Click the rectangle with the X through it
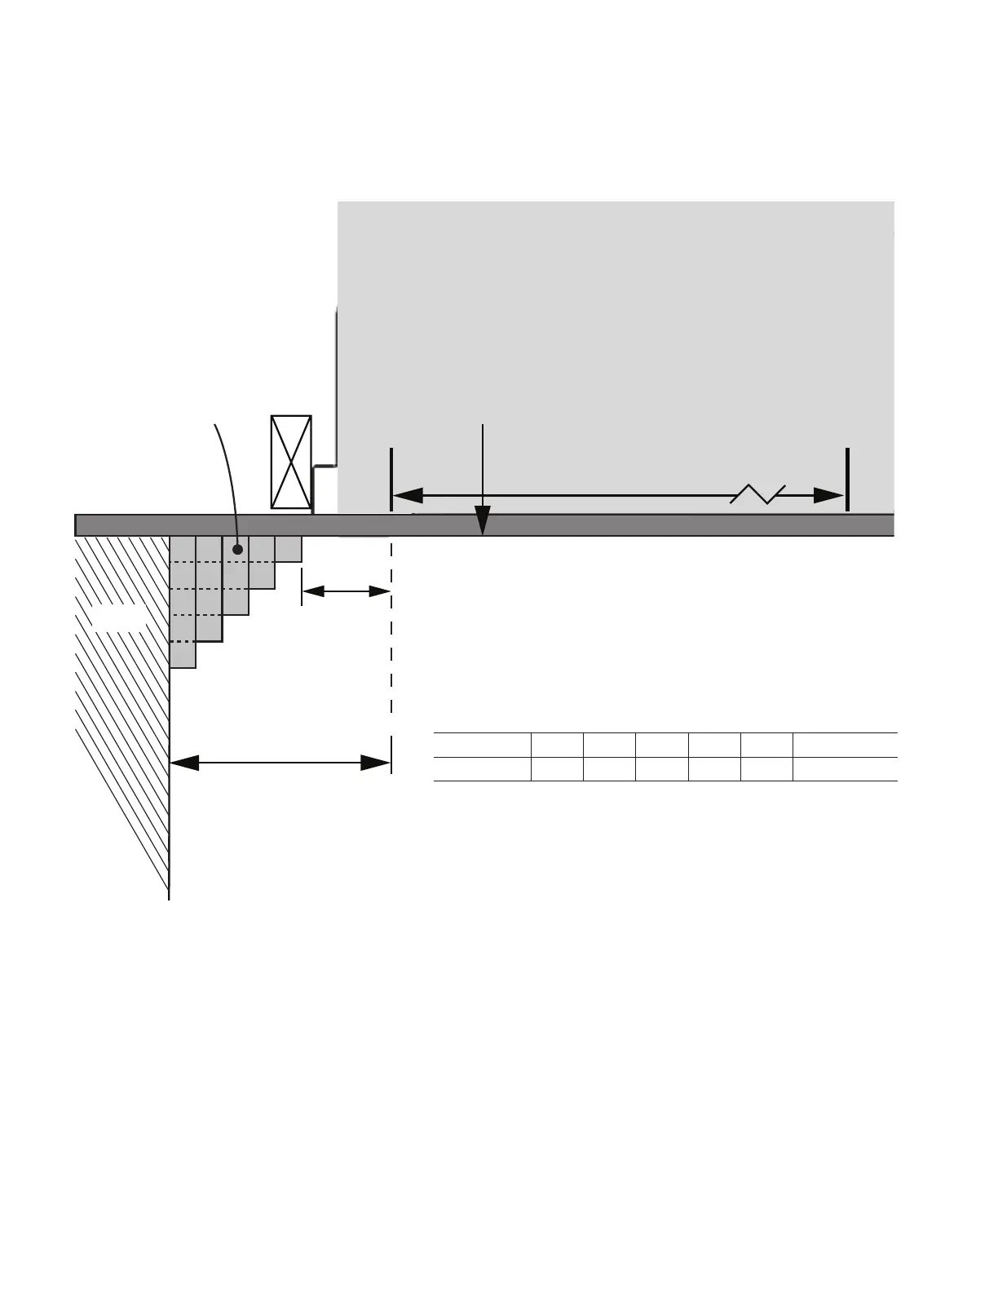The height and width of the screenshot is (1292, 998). pos(291,462)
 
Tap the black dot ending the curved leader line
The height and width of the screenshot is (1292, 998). pos(238,550)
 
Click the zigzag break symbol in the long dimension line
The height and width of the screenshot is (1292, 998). pos(757,493)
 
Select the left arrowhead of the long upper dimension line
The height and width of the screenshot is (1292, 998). pos(408,495)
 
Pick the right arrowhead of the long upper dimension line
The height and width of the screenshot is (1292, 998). pos(830,495)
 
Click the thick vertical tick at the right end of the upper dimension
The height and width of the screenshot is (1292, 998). pos(848,480)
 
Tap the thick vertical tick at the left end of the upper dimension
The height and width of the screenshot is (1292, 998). pos(392,480)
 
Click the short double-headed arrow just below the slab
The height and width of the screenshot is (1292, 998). pos(347,591)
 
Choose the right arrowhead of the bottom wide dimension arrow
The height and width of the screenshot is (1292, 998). pos(375,763)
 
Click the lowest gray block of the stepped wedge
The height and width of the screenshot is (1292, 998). pos(183,656)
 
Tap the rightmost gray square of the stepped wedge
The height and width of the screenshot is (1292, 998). pos(289,549)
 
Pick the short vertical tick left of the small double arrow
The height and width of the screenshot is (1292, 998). pos(302,588)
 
